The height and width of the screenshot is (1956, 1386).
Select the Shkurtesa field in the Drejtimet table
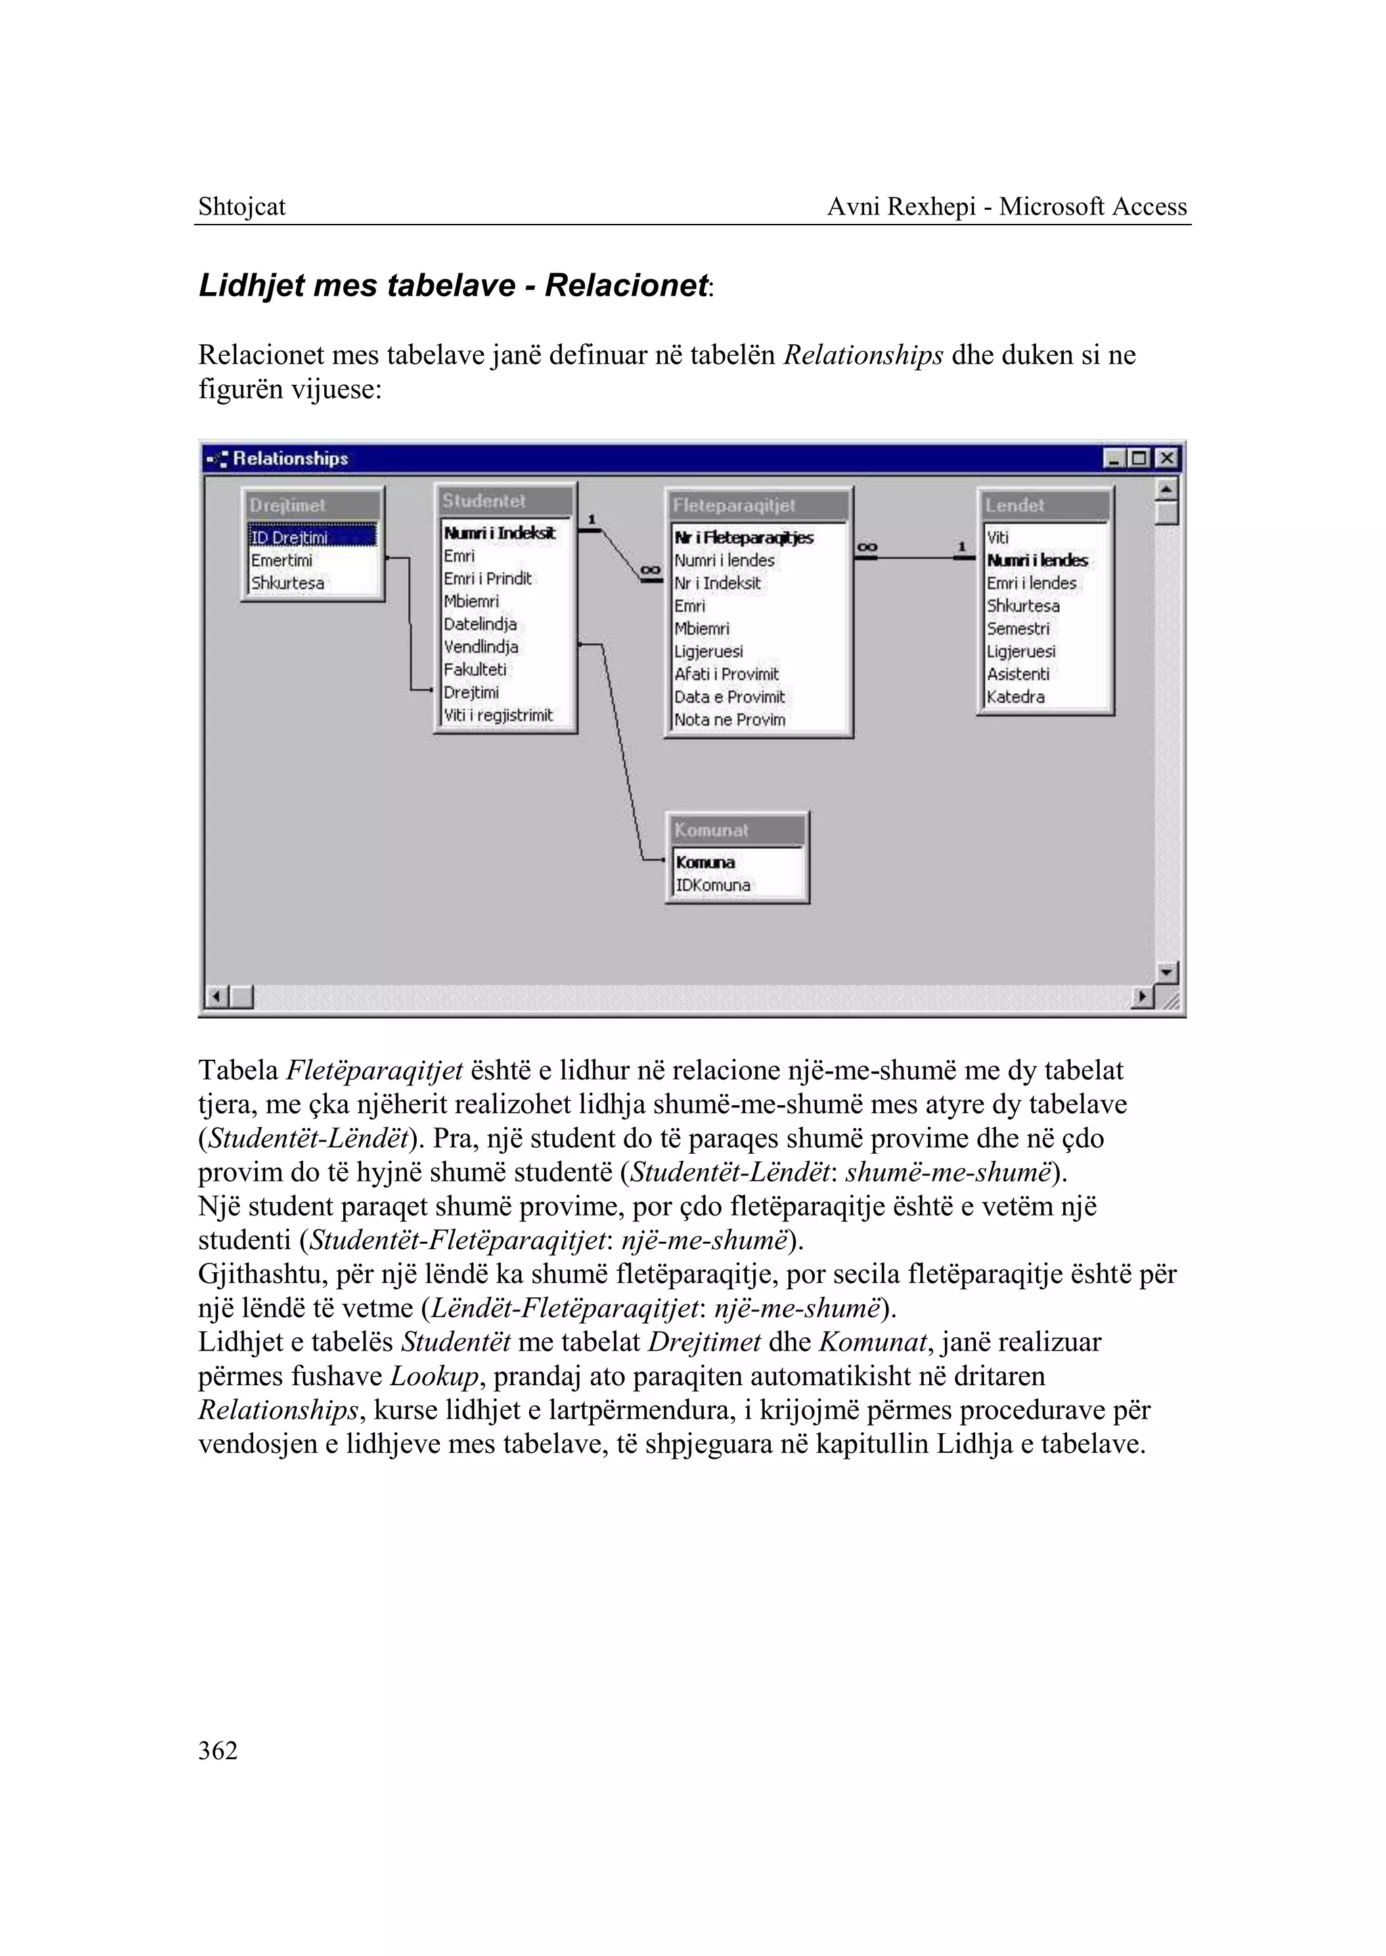click(287, 584)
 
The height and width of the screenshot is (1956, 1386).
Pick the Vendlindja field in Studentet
click(480, 647)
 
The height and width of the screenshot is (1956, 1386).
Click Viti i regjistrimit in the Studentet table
click(497, 715)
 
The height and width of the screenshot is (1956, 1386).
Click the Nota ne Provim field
click(730, 719)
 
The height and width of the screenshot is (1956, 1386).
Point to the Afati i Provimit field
click(726, 674)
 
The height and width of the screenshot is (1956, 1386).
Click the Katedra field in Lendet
click(1016, 696)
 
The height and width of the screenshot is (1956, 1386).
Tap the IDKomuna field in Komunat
click(713, 885)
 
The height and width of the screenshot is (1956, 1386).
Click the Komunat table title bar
click(736, 830)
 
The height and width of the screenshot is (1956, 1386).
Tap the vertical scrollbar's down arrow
click(1167, 972)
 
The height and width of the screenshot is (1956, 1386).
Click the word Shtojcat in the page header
click(242, 206)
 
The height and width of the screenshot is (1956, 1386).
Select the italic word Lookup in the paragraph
click(434, 1376)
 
